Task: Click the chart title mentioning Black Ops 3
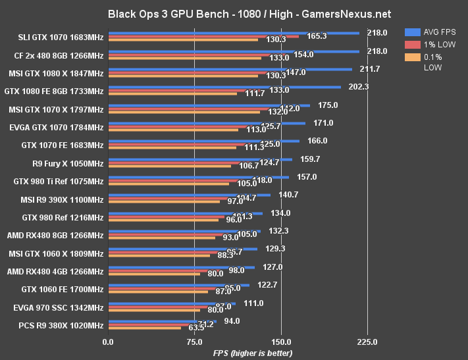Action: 234,13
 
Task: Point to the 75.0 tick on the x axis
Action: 194,342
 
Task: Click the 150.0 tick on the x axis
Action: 281,342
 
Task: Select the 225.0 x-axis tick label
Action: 367,342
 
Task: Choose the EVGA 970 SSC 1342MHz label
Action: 58,307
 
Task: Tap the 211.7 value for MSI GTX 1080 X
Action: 367,68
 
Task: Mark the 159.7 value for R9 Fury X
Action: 308,159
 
